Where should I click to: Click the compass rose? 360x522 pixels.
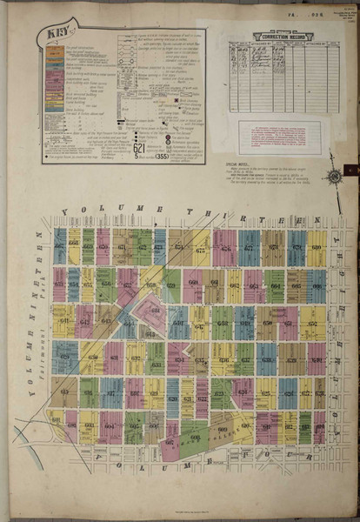click(x=333, y=177)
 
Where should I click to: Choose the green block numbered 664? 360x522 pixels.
click(x=276, y=285)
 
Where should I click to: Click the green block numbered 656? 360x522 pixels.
click(x=106, y=284)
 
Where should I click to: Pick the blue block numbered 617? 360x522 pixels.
click(x=110, y=392)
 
